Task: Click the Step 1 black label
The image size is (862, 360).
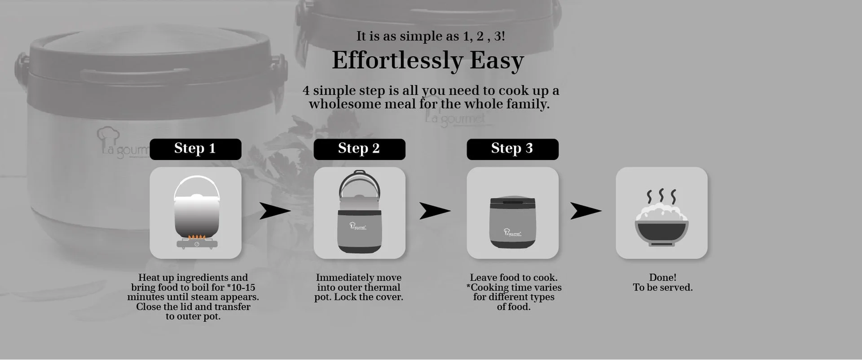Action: point(196,149)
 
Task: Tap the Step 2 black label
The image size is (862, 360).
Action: point(359,149)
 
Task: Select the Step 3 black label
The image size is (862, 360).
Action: point(512,149)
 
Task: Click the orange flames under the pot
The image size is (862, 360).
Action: point(197,237)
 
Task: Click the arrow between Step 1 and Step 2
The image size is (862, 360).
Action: point(275,211)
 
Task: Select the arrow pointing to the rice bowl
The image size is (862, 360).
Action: point(586,211)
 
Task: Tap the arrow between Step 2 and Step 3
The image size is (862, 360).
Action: point(435,211)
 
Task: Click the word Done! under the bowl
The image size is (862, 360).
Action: point(663,278)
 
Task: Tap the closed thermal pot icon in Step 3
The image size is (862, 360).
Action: point(512,222)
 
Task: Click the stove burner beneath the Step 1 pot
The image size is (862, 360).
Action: point(197,244)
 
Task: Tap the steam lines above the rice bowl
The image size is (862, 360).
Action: point(662,196)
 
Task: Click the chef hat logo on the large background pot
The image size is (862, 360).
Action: point(108,136)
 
